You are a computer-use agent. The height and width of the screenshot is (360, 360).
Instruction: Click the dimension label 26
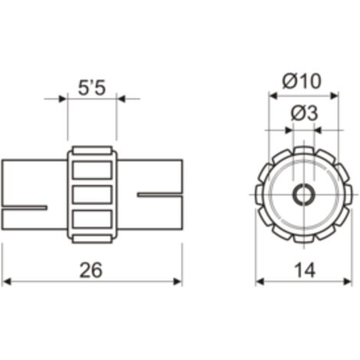[91, 270]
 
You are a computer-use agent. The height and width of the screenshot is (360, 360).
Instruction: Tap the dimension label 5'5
[92, 88]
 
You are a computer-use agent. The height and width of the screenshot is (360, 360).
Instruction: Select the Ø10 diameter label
[302, 81]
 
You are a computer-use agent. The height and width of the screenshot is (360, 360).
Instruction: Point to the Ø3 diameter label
[304, 113]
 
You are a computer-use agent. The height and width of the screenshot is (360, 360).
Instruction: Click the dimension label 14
[305, 270]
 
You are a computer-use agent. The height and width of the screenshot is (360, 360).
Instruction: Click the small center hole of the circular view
[304, 195]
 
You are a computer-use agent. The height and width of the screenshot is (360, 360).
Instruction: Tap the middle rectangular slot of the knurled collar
[92, 195]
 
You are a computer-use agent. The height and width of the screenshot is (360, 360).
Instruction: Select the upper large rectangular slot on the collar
[92, 170]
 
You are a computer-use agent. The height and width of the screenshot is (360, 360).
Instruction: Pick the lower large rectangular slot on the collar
[92, 219]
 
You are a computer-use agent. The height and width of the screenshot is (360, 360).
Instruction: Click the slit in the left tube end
[25, 208]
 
